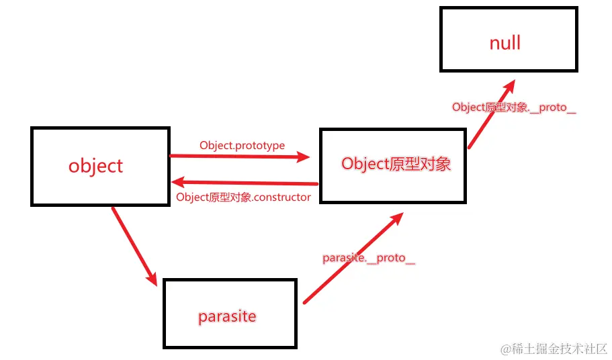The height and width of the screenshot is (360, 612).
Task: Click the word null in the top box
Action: click(505, 44)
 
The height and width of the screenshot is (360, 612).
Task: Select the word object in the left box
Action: click(96, 166)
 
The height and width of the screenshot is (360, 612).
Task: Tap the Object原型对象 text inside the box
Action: click(396, 164)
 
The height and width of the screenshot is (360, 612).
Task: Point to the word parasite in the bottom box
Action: click(227, 316)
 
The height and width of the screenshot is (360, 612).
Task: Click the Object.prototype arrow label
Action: click(242, 145)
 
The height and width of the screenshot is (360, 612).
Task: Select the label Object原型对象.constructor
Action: click(243, 197)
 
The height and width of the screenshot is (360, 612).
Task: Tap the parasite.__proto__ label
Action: click(369, 259)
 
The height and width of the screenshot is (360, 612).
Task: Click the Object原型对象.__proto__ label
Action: click(514, 107)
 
